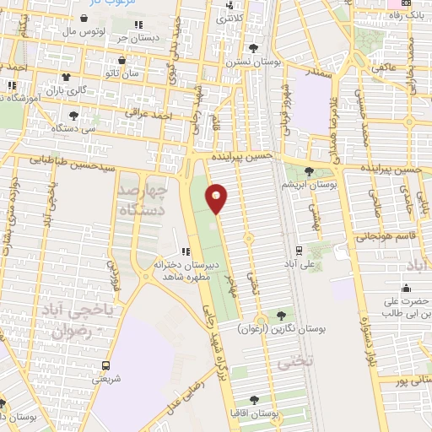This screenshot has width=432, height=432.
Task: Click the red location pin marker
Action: pos(217,197)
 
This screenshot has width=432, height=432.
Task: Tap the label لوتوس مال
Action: pos(88,31)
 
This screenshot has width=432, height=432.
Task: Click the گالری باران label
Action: pos(67,90)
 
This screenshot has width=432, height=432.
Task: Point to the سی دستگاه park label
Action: pos(73,128)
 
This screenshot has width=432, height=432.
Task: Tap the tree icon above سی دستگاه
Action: pos(73,116)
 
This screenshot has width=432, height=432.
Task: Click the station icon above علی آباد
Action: pos(299,250)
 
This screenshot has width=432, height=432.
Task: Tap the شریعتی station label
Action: pos(106,379)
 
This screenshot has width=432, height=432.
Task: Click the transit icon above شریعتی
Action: pos(106,366)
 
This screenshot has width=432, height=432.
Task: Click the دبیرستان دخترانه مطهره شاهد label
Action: pos(186,269)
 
